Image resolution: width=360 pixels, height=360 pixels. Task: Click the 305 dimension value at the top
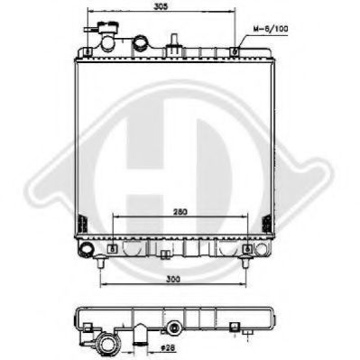(159, 7)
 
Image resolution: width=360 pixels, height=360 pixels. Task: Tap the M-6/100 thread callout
(272, 31)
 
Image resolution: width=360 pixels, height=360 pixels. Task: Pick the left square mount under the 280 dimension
(111, 248)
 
